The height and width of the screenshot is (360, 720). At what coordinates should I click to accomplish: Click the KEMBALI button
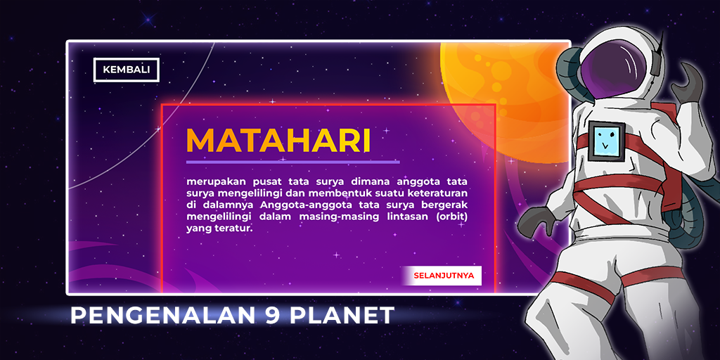[x=127, y=70]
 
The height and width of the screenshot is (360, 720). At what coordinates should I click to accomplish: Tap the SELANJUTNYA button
[x=442, y=276]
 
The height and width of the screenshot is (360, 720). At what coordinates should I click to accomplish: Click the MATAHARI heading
[x=278, y=140]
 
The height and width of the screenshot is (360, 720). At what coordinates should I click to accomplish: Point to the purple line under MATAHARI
[x=293, y=162]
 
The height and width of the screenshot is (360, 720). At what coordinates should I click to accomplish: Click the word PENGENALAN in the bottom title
[x=163, y=316]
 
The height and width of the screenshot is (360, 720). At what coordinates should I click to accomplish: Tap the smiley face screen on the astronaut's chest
[x=606, y=141]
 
